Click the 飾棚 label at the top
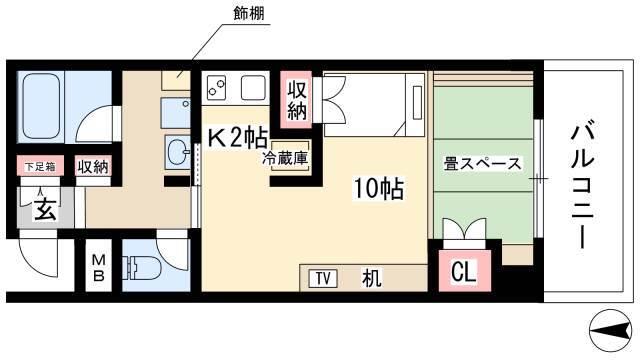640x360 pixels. point(249,13)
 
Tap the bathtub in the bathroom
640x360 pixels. point(41,107)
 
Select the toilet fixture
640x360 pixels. point(144,268)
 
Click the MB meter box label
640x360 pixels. point(98,268)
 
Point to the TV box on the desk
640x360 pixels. point(323,279)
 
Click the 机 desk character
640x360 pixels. point(371,279)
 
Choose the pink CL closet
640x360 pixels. point(464,271)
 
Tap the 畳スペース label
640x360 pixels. point(482,164)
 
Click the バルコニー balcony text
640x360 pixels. point(583,186)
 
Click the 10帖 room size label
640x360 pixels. point(378,189)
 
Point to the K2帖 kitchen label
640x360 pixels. point(238,138)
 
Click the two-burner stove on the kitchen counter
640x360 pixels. point(216,88)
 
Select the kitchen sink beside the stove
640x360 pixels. point(253,87)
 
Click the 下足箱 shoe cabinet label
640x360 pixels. point(40,167)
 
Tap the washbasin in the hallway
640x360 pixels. point(178,152)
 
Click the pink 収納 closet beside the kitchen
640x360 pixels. point(297,100)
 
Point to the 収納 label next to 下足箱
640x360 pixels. point(93,167)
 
